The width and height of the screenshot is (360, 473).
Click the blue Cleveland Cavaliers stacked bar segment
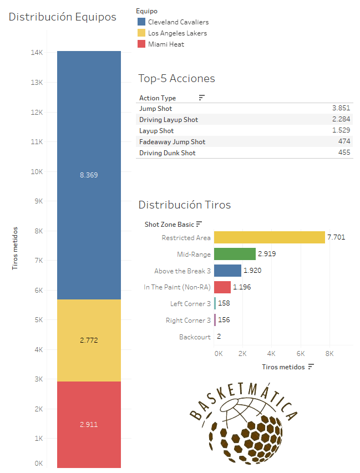(x=89, y=175)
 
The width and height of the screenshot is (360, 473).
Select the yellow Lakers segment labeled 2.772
(x=89, y=340)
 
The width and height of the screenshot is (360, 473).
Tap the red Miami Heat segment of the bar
(x=89, y=425)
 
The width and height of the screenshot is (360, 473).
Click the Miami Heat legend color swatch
(x=141, y=44)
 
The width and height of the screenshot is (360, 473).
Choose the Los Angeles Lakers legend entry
(x=177, y=33)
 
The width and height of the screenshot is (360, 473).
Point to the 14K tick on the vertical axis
(x=37, y=53)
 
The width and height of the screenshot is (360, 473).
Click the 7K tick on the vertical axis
(x=38, y=261)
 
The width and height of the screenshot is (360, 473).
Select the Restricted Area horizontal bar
(x=269, y=237)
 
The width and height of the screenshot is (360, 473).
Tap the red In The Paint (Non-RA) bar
(x=222, y=287)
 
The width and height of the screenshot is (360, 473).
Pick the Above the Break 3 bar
(x=227, y=271)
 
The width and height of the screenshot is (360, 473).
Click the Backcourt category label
(x=195, y=337)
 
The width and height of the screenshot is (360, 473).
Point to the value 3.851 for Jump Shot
(x=341, y=109)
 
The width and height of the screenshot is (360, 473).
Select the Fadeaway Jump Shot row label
(x=172, y=142)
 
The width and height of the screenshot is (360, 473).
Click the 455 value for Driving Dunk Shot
(x=344, y=152)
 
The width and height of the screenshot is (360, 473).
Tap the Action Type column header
(x=158, y=98)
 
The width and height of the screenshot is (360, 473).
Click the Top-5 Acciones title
(x=176, y=78)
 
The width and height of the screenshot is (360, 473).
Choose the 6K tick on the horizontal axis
(x=301, y=353)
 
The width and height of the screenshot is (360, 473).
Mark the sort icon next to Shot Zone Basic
(x=199, y=224)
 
